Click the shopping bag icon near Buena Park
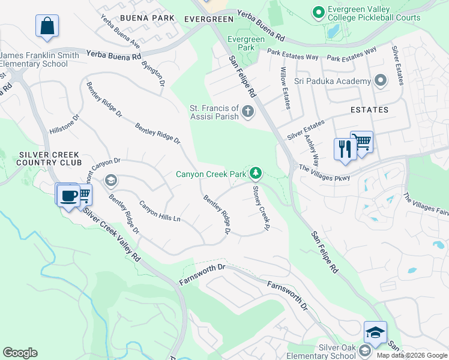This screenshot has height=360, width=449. click(x=47, y=26)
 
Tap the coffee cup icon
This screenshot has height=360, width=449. click(x=69, y=195)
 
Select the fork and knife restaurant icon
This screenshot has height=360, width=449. click(x=345, y=148)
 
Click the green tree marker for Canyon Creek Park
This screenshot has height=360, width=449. click(x=256, y=173)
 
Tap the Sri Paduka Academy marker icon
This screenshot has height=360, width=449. click(x=380, y=81)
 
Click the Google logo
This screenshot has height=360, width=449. click(x=20, y=353)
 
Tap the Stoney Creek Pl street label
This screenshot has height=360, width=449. click(x=259, y=208)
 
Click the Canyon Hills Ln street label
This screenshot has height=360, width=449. click(x=160, y=211)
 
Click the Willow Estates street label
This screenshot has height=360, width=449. click(x=285, y=88)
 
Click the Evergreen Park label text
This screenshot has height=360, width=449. click(x=246, y=43)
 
